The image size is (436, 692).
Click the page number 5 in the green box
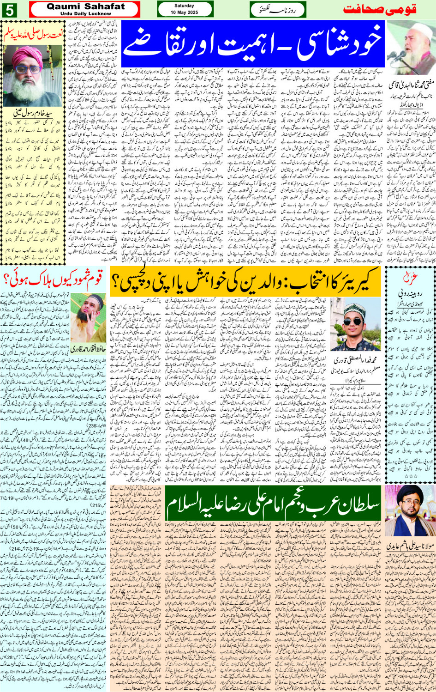coord(9,10)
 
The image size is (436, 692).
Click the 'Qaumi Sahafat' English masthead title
coord(86,6)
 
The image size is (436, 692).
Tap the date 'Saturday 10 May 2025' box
coord(185,9)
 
